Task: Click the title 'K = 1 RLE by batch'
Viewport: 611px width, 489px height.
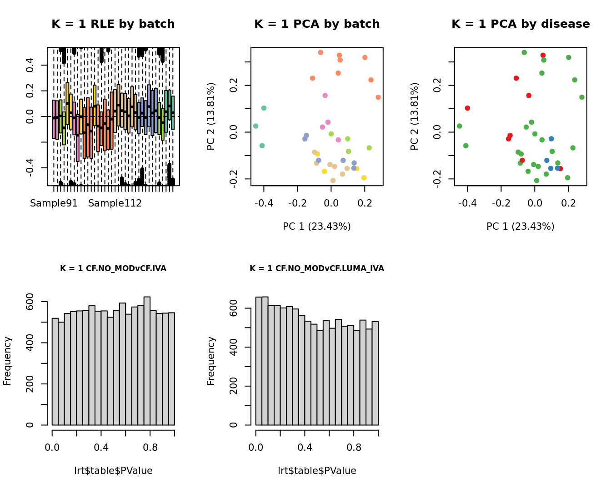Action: (x=113, y=24)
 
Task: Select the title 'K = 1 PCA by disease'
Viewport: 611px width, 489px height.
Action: (x=521, y=24)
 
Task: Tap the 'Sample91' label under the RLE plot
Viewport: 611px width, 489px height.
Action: (x=54, y=203)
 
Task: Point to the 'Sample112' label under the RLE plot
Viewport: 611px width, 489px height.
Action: (x=115, y=203)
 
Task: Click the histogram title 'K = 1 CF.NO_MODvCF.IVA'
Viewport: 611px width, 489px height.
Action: (x=113, y=268)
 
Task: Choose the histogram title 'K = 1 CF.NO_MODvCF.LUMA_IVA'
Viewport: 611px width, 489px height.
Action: (x=316, y=268)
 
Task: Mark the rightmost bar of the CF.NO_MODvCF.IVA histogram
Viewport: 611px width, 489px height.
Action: (x=171, y=368)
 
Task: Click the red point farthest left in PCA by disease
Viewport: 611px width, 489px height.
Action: (x=467, y=108)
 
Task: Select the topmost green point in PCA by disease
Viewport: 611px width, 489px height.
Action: (x=524, y=52)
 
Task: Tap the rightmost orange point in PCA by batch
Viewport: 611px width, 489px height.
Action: (x=378, y=97)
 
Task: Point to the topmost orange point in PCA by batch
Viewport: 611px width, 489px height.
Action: (x=321, y=52)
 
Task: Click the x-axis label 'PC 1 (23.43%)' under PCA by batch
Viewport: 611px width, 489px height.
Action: (x=316, y=227)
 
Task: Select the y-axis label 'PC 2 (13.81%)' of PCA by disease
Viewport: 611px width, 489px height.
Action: (x=414, y=116)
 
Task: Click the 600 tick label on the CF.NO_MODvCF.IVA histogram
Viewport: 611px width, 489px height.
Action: (x=30, y=302)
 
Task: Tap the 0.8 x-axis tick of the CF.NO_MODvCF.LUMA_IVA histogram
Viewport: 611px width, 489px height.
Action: (x=354, y=447)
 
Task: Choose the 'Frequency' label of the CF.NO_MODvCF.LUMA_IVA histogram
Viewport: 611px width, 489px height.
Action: (x=211, y=361)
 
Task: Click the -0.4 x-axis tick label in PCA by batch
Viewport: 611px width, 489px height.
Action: (x=264, y=203)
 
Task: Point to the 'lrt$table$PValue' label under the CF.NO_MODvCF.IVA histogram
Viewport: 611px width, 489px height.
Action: (x=113, y=471)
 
